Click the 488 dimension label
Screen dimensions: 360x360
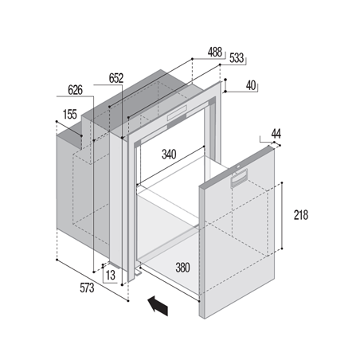[x=215, y=52]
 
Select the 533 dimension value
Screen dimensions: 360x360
[x=237, y=58]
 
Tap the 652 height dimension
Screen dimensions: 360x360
[x=116, y=78]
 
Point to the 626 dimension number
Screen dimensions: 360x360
[x=75, y=90]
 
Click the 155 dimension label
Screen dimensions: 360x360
[x=70, y=115]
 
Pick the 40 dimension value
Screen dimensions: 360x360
[x=251, y=85]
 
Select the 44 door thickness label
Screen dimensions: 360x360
[x=276, y=134]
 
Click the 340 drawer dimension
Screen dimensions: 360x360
[x=169, y=155]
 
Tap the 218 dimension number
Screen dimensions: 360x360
[x=301, y=215]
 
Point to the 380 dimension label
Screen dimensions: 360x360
[x=182, y=268]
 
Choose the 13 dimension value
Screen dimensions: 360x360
[x=111, y=276]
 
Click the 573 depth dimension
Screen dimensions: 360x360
[x=87, y=288]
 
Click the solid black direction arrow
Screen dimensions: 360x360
[x=158, y=306]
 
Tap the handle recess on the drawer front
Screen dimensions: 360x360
[x=240, y=178]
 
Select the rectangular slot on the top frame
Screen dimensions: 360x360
[x=177, y=113]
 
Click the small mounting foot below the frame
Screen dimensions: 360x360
[x=138, y=273]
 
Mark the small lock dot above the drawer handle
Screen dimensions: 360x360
[x=239, y=166]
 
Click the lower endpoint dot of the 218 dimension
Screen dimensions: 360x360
[x=282, y=248]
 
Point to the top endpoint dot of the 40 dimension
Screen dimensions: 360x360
[x=225, y=80]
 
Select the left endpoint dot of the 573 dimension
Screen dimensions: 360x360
[x=57, y=260]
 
